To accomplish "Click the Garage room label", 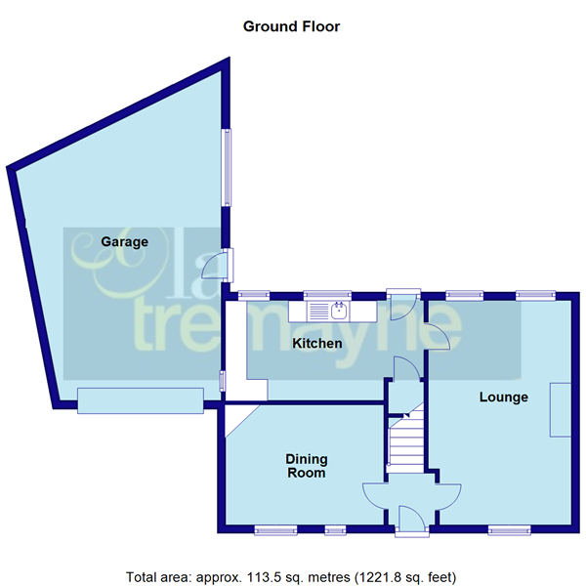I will tap(124, 241).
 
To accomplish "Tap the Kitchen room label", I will tap(317, 344).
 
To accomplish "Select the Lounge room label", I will tap(503, 398).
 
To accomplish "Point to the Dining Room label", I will tap(306, 466).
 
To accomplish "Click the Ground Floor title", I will tap(292, 26).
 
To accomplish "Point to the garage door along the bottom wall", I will tap(141, 399).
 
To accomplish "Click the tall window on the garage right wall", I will tap(228, 167).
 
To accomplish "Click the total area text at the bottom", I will tap(290, 575).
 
